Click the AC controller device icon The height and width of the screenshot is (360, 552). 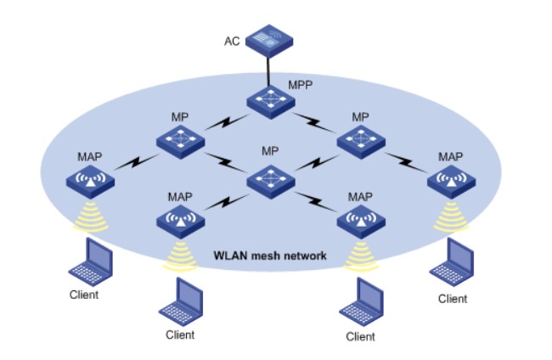point(271,39)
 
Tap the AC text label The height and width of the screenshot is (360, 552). point(232,41)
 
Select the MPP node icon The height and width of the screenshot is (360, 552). point(270,101)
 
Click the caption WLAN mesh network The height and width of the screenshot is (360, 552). point(269,255)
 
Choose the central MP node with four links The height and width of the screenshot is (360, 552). point(270,179)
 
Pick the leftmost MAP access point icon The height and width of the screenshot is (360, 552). point(91,181)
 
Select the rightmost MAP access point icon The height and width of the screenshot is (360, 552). point(451,181)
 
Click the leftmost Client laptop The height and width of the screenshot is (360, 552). point(89,261)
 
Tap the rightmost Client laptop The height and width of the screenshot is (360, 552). point(452,262)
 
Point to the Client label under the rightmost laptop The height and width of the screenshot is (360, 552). point(453,298)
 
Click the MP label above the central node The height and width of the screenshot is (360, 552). point(270,150)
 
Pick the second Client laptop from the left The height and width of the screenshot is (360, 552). point(179,302)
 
